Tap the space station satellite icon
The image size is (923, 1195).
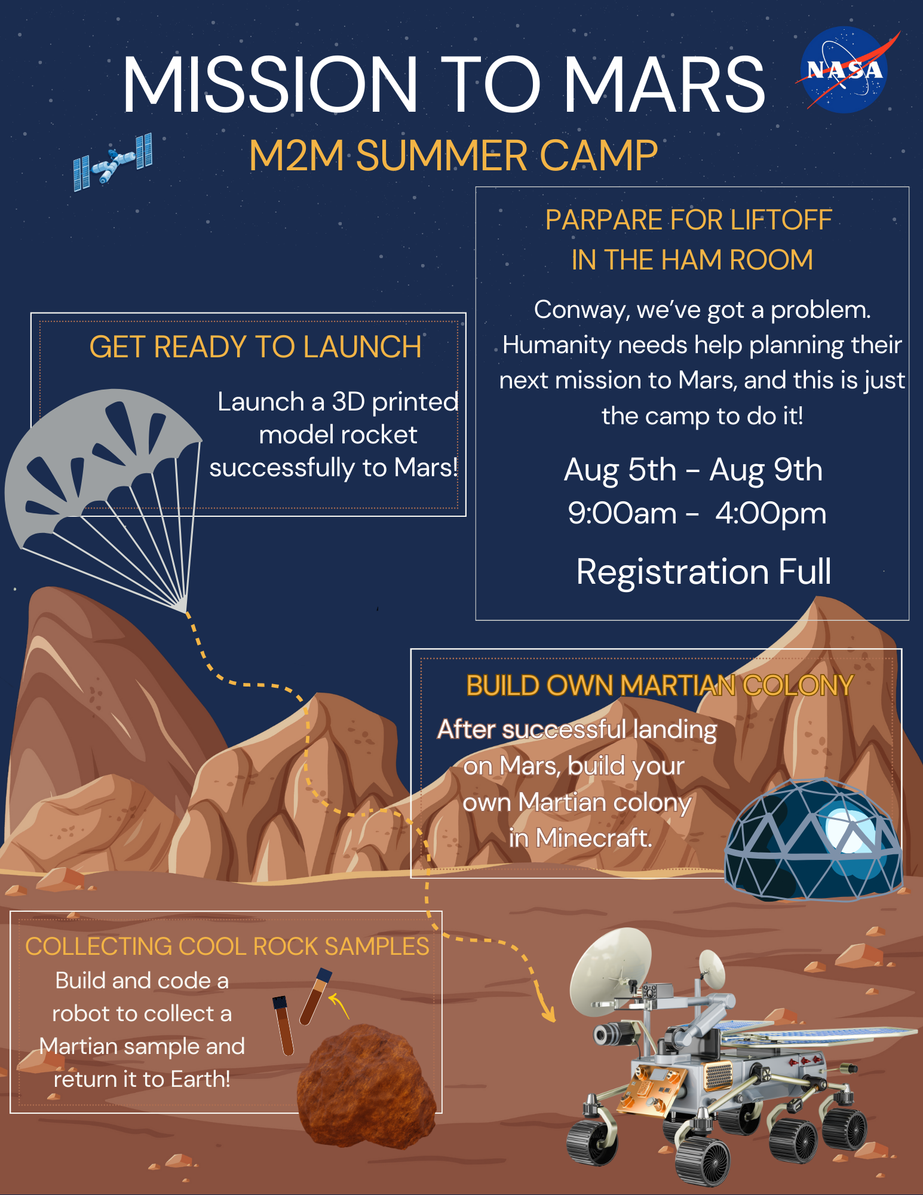[x=113, y=161]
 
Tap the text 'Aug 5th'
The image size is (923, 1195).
[x=620, y=470]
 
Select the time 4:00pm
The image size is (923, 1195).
[x=771, y=513]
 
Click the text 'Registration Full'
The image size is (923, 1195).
[x=704, y=571]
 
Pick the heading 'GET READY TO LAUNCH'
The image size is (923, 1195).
[x=256, y=347]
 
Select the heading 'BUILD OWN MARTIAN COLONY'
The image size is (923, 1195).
[x=660, y=685]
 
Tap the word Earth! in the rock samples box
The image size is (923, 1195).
[x=201, y=1079]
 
